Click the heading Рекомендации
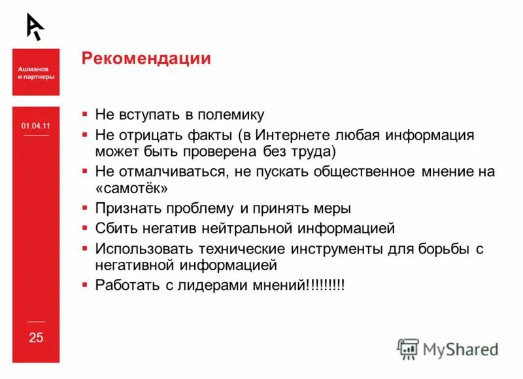[146, 59]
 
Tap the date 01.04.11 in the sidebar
[35, 126]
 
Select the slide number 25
[36, 338]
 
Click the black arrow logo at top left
[35, 26]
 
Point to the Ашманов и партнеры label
[36, 72]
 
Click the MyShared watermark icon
[408, 348]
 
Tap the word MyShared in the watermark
[460, 350]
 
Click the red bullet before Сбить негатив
[85, 228]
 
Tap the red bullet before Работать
[85, 285]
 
